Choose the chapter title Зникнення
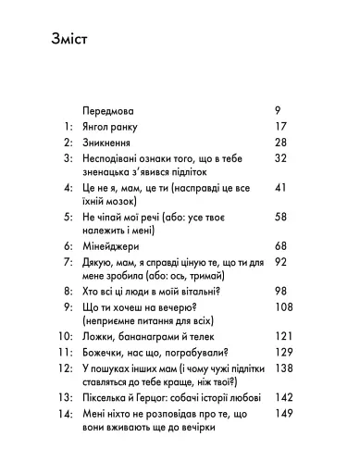106,144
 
